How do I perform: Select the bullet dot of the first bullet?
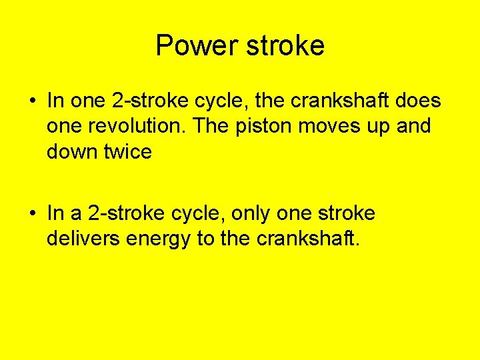tap(32, 101)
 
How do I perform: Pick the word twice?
tap(127, 151)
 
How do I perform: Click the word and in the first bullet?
tap(412, 126)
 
